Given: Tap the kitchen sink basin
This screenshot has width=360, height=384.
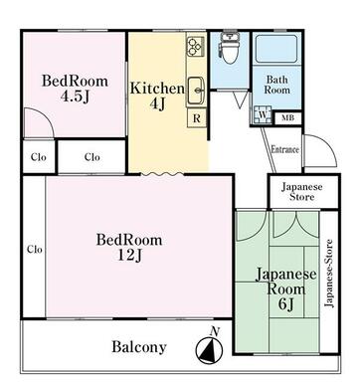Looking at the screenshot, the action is (196, 91).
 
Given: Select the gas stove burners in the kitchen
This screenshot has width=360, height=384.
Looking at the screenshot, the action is (195, 46).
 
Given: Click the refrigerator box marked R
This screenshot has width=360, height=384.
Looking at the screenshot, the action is (197, 118).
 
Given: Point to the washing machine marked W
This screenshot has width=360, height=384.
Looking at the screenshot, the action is (263, 115).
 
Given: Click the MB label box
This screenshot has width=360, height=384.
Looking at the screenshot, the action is (287, 117).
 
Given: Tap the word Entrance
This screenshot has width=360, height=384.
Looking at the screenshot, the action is (284, 149).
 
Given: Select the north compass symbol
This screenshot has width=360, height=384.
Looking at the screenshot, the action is (209, 350).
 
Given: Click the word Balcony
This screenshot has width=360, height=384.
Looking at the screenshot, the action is (139, 347).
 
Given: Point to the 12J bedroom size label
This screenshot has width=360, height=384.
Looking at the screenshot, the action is (130, 255).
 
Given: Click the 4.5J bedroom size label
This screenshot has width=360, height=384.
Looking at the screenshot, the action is (75, 96).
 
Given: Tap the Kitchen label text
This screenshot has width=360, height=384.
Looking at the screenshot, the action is (157, 89).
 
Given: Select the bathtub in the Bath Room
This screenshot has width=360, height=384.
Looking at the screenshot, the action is (277, 49).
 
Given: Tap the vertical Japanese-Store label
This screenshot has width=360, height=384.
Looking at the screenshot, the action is (329, 274).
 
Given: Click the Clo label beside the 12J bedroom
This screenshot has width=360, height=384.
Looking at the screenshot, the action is (35, 249).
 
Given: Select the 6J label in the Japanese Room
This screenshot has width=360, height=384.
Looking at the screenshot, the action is (286, 304).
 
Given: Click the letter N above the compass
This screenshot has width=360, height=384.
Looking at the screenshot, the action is (215, 331).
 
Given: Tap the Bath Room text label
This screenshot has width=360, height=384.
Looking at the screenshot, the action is (277, 85).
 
